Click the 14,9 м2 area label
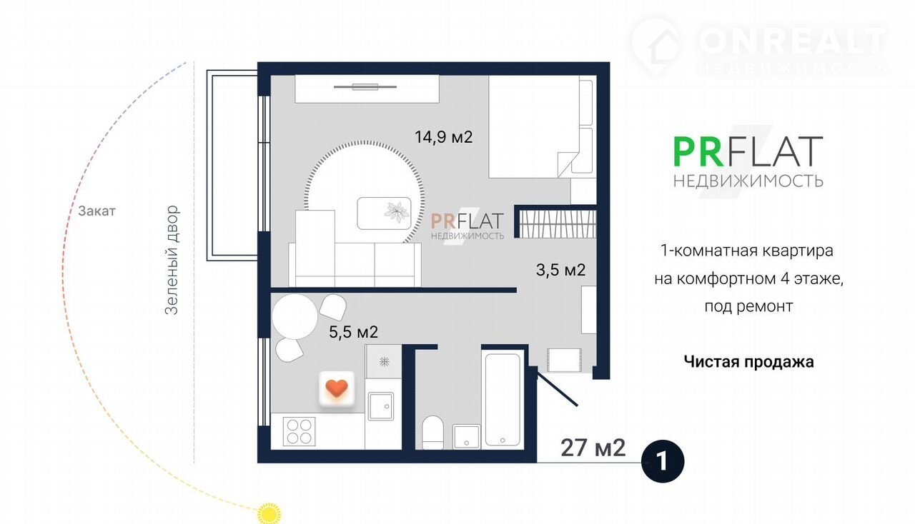pyautogui.click(x=444, y=137)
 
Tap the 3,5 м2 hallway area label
pyautogui.click(x=561, y=270)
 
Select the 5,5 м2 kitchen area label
pyautogui.click(x=353, y=332)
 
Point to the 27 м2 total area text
pyautogui.click(x=593, y=448)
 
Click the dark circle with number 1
pyautogui.click(x=663, y=461)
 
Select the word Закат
pyautogui.click(x=97, y=211)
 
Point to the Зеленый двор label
pyautogui.click(x=172, y=260)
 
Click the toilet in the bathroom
pyautogui.click(x=432, y=433)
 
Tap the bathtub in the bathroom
pyautogui.click(x=503, y=400)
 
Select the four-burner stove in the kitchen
pyautogui.click(x=300, y=431)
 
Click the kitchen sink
pyautogui.click(x=381, y=406)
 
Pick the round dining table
pyautogui.click(x=295, y=317)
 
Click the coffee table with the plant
pyautogui.click(x=384, y=213)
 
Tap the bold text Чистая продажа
pyautogui.click(x=748, y=362)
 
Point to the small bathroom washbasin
pyautogui.click(x=467, y=437)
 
